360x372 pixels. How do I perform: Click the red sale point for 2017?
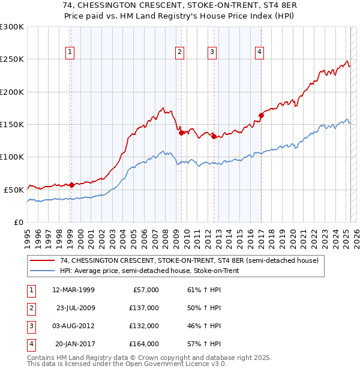point(261,115)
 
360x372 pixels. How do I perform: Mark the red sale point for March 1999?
point(71,185)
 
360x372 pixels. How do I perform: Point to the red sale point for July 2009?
point(181,133)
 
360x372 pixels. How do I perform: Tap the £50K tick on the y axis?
point(14,190)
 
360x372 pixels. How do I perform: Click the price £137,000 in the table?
point(144,308)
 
